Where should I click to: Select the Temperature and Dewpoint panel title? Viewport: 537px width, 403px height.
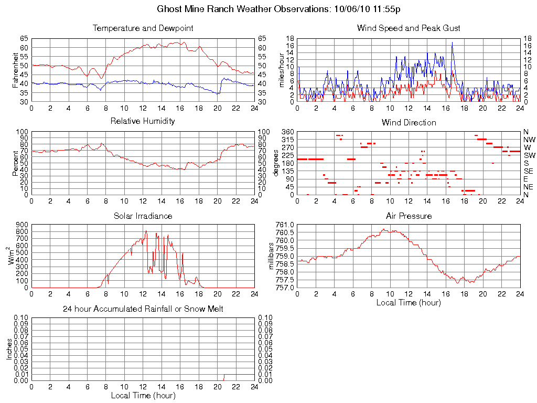click(x=143, y=28)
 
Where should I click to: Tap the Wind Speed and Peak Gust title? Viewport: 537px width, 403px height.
click(x=409, y=28)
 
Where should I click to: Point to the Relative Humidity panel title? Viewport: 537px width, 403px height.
click(x=143, y=121)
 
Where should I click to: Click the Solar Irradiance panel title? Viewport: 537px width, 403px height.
click(x=143, y=216)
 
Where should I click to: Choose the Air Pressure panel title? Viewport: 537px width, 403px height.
click(x=409, y=216)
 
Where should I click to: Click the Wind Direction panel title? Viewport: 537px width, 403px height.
click(x=409, y=122)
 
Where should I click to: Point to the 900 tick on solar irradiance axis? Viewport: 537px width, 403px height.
click(x=22, y=225)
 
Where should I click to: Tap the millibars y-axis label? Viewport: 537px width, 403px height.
click(x=271, y=256)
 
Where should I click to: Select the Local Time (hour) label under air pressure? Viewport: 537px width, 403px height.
click(x=409, y=302)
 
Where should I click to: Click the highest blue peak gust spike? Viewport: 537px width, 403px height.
click(x=452, y=43)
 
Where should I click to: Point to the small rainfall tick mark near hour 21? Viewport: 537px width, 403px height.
click(x=224, y=377)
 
